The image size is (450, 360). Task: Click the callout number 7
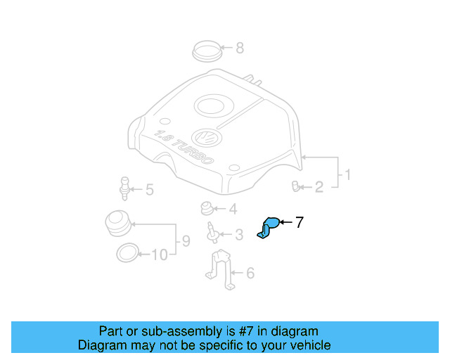(x=299, y=223)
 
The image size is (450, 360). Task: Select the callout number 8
(x=240, y=49)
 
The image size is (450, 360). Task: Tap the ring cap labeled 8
(x=208, y=51)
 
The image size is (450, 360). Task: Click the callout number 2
(x=319, y=187)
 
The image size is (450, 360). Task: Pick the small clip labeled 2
(x=296, y=186)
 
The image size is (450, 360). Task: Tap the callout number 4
(x=233, y=209)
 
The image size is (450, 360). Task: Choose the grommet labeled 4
(x=207, y=208)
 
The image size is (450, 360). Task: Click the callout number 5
(x=149, y=189)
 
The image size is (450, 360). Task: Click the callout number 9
(x=186, y=241)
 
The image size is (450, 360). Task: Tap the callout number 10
(x=160, y=255)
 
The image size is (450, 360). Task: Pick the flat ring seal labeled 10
(x=127, y=252)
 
